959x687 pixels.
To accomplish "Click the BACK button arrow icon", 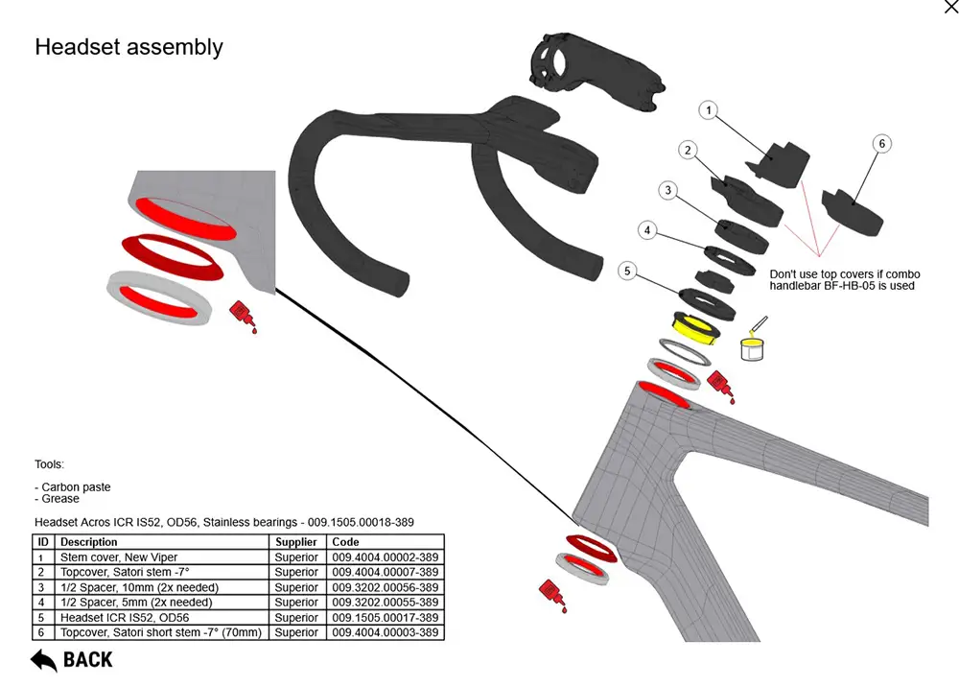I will (x=43, y=660).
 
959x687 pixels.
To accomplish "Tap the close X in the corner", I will (x=950, y=8).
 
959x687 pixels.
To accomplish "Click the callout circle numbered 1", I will (x=708, y=111).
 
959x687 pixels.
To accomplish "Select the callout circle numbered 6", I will (x=882, y=144).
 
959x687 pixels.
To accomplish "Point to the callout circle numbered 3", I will (x=667, y=191).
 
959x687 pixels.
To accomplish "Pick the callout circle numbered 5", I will (x=627, y=272).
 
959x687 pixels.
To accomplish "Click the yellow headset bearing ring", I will (x=698, y=331).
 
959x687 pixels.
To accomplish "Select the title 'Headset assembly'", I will (x=129, y=47).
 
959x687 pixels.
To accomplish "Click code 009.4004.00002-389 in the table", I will (x=386, y=557).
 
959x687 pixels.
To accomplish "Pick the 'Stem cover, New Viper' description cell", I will (x=119, y=557).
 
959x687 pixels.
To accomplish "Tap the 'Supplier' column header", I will (x=296, y=542).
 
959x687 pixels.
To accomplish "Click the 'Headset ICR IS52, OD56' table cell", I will (x=125, y=618).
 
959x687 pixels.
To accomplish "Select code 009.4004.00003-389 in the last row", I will (x=386, y=632).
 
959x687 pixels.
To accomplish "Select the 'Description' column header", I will (x=89, y=542).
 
